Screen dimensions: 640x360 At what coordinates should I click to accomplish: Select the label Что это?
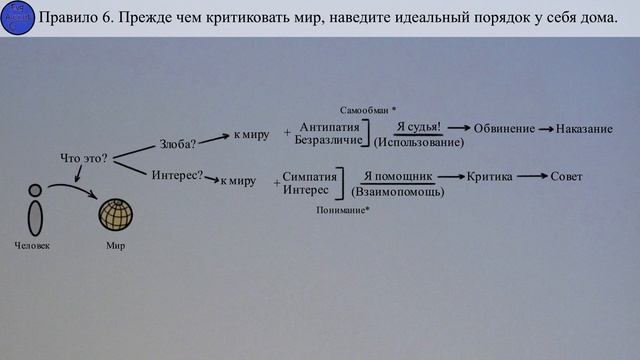pos(83,158)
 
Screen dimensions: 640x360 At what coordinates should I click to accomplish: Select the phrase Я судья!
pos(418,127)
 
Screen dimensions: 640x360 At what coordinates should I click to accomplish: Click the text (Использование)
pos(419,143)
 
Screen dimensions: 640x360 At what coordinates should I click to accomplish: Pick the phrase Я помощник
pos(397,175)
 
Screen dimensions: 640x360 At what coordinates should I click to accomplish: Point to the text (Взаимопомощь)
pos(398,191)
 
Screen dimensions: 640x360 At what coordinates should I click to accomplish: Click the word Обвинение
pos(501,130)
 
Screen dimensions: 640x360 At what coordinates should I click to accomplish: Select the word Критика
pos(490,176)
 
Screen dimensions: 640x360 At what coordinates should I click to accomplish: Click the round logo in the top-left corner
pos(19,18)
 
